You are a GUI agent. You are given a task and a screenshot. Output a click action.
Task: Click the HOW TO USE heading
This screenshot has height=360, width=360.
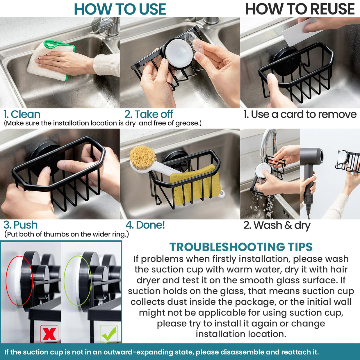120,9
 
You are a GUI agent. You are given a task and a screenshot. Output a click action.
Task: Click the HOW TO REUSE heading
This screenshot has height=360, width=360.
300,9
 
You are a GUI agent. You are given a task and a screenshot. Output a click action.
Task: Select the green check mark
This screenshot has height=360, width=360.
109,334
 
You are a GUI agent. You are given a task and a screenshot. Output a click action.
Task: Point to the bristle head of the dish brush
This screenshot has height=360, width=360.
142,158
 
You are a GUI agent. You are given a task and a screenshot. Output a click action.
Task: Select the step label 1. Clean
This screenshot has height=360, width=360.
22,114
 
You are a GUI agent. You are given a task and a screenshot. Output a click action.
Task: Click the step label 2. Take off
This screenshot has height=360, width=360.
149,114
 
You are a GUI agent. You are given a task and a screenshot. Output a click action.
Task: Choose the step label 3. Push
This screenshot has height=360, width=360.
21,225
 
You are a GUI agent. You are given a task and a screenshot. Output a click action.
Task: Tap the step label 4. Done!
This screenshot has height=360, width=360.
145,225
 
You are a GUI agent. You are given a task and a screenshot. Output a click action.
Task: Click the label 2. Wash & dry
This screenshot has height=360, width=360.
277,225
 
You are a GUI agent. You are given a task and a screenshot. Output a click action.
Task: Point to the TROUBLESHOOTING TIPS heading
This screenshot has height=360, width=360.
241,247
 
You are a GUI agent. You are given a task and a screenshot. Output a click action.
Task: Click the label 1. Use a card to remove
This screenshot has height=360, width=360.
300,114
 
